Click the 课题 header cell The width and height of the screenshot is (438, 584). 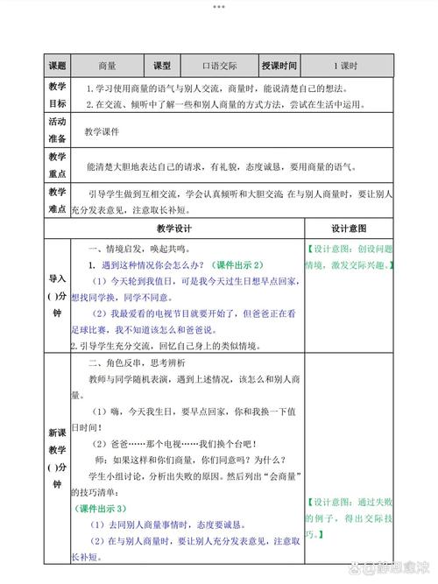pos(57,66)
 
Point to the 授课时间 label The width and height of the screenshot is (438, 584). pos(279,66)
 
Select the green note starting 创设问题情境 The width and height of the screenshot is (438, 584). pos(349,256)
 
